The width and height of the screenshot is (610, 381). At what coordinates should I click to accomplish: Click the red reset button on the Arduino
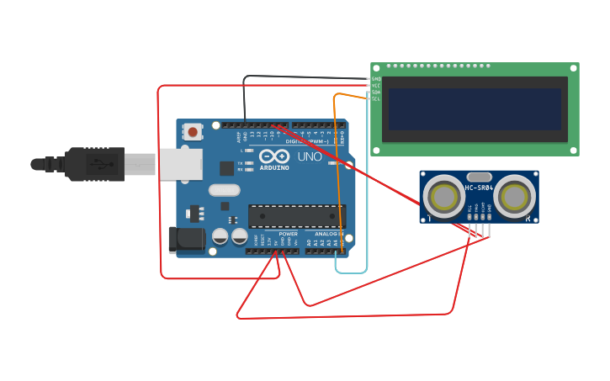(x=193, y=131)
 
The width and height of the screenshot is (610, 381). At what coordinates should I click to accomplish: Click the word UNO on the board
(x=310, y=156)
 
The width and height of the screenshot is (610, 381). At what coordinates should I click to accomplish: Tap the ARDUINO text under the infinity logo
(x=274, y=167)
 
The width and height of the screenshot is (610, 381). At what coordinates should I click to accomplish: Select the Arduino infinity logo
(x=274, y=156)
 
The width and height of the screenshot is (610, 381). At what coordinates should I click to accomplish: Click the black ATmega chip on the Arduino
(x=295, y=216)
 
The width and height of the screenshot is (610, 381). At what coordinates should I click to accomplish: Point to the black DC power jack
(x=186, y=240)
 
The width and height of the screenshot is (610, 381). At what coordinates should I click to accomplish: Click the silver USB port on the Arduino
(x=180, y=165)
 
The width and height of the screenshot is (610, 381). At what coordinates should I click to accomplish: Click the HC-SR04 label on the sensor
(x=479, y=188)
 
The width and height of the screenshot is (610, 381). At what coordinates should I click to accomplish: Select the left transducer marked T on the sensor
(x=443, y=196)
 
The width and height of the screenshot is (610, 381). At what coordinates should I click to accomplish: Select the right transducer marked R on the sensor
(x=514, y=196)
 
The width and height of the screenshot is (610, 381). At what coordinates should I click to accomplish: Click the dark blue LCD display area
(x=475, y=109)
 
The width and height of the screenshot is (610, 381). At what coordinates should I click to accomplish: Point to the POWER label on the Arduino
(x=288, y=234)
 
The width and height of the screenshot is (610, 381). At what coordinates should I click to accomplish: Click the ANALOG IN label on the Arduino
(x=329, y=234)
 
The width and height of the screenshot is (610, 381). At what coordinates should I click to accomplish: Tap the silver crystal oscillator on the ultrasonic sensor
(x=479, y=177)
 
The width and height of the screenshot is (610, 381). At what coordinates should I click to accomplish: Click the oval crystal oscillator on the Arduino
(x=224, y=190)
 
